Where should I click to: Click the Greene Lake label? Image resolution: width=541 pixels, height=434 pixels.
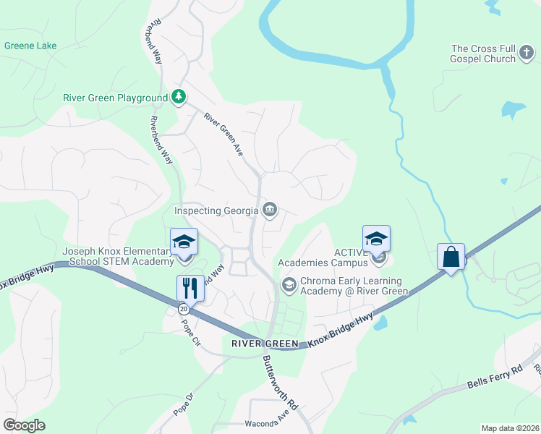30,46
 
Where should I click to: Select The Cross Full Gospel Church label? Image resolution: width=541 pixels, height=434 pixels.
483,54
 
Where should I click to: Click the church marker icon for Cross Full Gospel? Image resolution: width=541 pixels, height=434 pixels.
526,54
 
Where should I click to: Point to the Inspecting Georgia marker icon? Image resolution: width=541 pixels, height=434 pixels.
269,210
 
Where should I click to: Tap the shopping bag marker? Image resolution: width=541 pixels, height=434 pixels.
451,256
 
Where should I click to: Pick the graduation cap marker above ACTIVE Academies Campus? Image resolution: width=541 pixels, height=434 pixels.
376,238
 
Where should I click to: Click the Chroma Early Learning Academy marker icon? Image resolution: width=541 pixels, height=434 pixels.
289,286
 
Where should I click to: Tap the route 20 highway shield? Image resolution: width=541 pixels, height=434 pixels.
184,309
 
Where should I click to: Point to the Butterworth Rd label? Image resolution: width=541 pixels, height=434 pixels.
280,381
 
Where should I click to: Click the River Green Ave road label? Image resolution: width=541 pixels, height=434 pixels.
223,135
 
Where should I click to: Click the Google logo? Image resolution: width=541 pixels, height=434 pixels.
25,425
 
